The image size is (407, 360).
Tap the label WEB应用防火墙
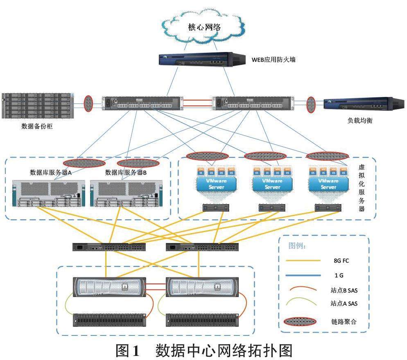point(273,60)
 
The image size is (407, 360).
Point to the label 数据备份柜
point(37,126)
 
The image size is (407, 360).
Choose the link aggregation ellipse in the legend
point(303,321)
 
